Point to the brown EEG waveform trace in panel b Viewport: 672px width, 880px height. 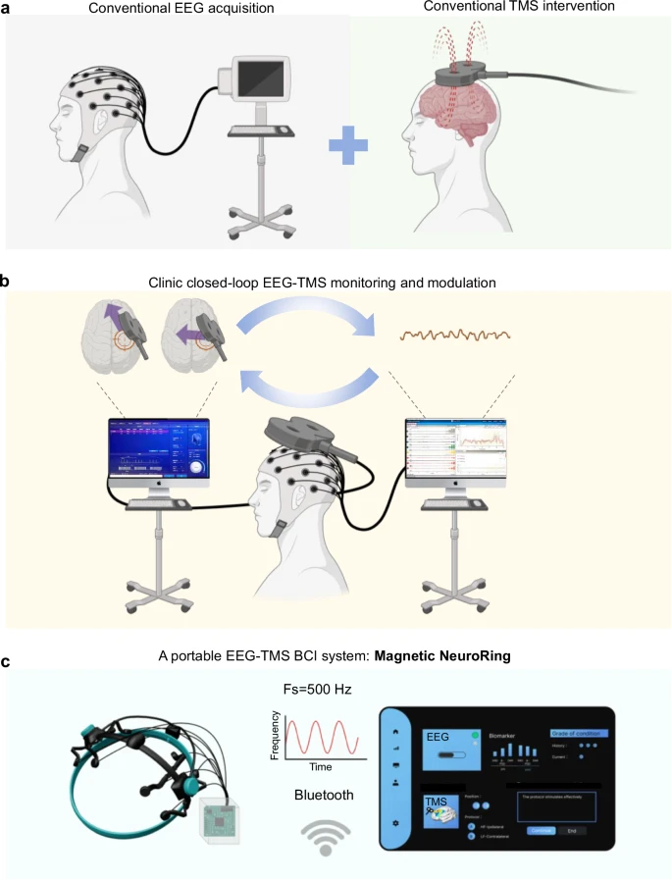[455, 336]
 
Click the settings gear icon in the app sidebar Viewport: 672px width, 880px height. [394, 823]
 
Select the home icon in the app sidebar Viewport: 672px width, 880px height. [394, 731]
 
